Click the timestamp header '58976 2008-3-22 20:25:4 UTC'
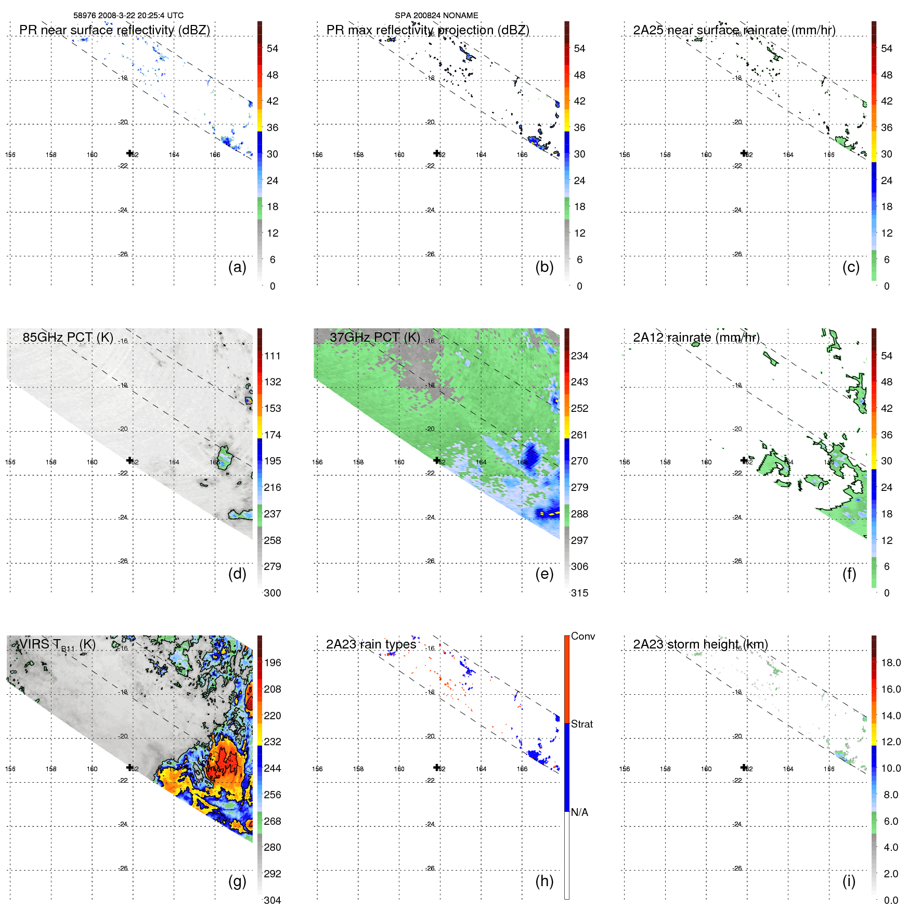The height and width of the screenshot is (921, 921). pyautogui.click(x=128, y=16)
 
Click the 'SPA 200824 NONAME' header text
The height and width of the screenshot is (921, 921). pyautogui.click(x=436, y=16)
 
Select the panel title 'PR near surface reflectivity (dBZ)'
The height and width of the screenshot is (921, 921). pyautogui.click(x=114, y=30)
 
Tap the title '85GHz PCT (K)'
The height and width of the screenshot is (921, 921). pyautogui.click(x=68, y=338)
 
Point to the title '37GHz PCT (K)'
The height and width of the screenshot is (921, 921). pyautogui.click(x=374, y=338)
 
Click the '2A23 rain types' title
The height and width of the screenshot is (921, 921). pyautogui.click(x=371, y=644)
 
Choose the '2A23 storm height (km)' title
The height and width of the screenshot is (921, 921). pyautogui.click(x=700, y=644)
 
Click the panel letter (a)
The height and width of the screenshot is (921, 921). pyautogui.click(x=237, y=267)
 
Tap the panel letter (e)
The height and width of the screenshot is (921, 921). pyautogui.click(x=544, y=574)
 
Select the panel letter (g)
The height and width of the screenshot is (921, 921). pyautogui.click(x=237, y=881)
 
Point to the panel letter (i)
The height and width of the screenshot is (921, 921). pyautogui.click(x=849, y=881)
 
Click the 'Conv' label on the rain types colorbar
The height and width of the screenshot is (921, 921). pyautogui.click(x=582, y=637)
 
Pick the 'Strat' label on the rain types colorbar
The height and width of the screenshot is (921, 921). pyautogui.click(x=581, y=724)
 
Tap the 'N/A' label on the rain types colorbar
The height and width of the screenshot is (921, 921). pyautogui.click(x=579, y=812)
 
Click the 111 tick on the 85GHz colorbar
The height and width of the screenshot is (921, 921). pyautogui.click(x=272, y=356)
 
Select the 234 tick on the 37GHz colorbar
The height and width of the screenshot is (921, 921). pyautogui.click(x=579, y=356)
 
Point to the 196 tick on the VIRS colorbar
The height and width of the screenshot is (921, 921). pyautogui.click(x=272, y=663)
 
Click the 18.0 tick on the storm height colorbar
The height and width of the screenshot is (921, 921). pyautogui.click(x=890, y=663)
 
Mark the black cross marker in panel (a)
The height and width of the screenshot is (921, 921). pyautogui.click(x=129, y=153)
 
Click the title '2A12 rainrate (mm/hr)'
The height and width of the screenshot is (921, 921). pyautogui.click(x=696, y=338)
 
